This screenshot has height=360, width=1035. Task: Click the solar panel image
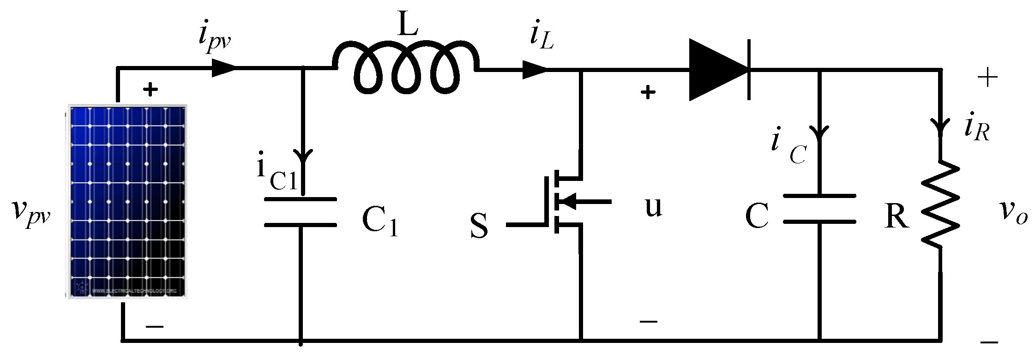[127, 202]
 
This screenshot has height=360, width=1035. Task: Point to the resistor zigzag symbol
[940, 204]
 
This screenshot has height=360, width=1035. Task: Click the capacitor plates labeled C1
[301, 212]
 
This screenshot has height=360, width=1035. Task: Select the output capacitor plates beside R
[819, 209]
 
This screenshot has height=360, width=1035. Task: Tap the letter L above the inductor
[408, 24]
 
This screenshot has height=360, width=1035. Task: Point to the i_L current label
[542, 36]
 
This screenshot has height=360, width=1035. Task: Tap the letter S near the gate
[479, 226]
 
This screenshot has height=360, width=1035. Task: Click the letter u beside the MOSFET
[653, 207]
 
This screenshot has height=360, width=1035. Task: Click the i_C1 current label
[276, 172]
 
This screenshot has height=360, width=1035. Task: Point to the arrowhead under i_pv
[224, 68]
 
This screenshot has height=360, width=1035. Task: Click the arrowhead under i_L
[535, 70]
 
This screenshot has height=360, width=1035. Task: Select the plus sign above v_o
[987, 78]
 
